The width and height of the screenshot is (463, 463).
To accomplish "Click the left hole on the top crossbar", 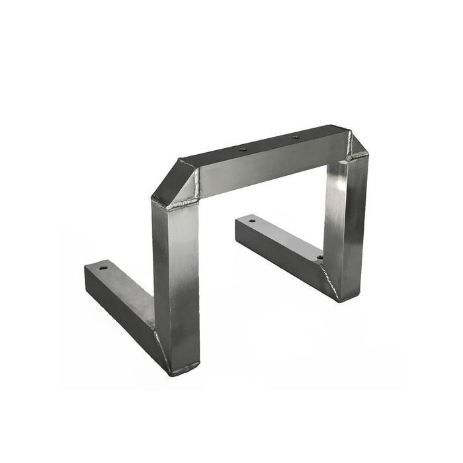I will click(x=243, y=150).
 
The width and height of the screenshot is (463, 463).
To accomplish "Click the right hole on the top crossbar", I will click(x=295, y=138).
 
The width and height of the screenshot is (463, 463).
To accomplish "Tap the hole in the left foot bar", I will click(x=103, y=268).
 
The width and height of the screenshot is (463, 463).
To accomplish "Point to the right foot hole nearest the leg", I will click(x=319, y=257).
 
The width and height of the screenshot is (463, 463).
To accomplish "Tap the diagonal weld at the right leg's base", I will click(x=329, y=281).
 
